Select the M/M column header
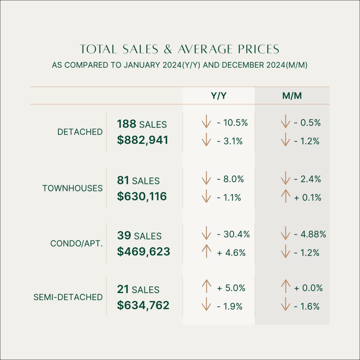(292, 96)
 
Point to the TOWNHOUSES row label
(72, 188)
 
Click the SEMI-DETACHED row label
(68, 297)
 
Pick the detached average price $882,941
(143, 140)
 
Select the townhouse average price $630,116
(142, 196)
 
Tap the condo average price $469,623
(143, 251)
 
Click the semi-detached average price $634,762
(143, 305)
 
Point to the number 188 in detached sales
(127, 124)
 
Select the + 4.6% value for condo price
(231, 252)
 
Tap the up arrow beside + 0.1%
(285, 197)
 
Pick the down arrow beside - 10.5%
(206, 123)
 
